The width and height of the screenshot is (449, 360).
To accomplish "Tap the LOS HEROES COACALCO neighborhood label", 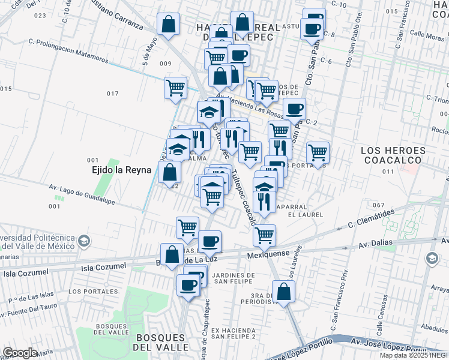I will click(x=394, y=155).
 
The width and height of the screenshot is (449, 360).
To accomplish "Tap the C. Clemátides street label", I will click(x=371, y=219).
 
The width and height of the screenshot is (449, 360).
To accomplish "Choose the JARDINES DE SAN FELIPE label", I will click(x=234, y=278).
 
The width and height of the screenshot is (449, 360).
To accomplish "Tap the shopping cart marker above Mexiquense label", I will click(x=264, y=235).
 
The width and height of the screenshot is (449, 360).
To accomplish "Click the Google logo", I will click(x=20, y=353).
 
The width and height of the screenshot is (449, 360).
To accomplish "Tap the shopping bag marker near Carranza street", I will click(x=169, y=24).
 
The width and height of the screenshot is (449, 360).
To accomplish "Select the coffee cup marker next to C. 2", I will click(x=294, y=109).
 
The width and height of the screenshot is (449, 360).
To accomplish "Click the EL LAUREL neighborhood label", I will click(x=305, y=214).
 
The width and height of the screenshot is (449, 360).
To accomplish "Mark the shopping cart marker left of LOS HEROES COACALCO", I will click(x=318, y=152).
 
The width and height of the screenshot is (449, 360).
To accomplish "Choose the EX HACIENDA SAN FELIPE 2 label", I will click(x=234, y=334).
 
